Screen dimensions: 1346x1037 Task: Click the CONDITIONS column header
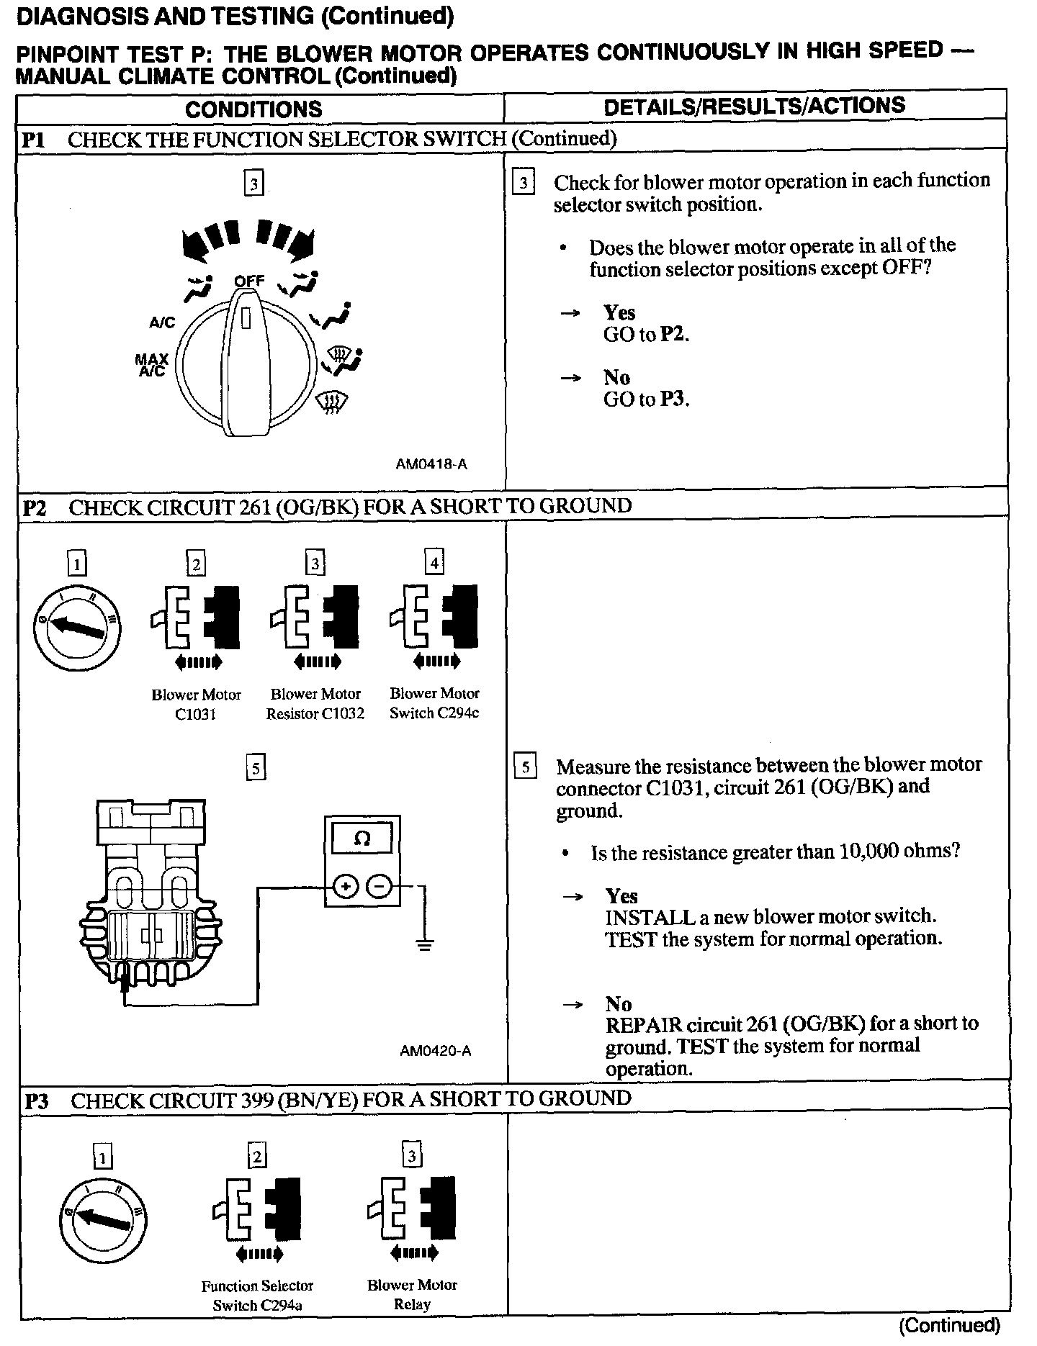[253, 109]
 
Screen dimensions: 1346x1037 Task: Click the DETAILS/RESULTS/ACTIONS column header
[754, 107]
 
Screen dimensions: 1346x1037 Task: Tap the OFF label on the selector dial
[249, 281]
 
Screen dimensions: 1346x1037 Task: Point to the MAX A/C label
[152, 365]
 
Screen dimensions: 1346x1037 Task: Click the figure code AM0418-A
[431, 464]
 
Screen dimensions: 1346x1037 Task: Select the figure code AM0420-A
[436, 1051]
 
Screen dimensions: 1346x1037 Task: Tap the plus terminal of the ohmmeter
[345, 887]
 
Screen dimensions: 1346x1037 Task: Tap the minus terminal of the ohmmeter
[381, 887]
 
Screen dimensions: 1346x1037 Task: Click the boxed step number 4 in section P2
[434, 562]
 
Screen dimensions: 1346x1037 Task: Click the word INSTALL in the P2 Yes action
[639, 918]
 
